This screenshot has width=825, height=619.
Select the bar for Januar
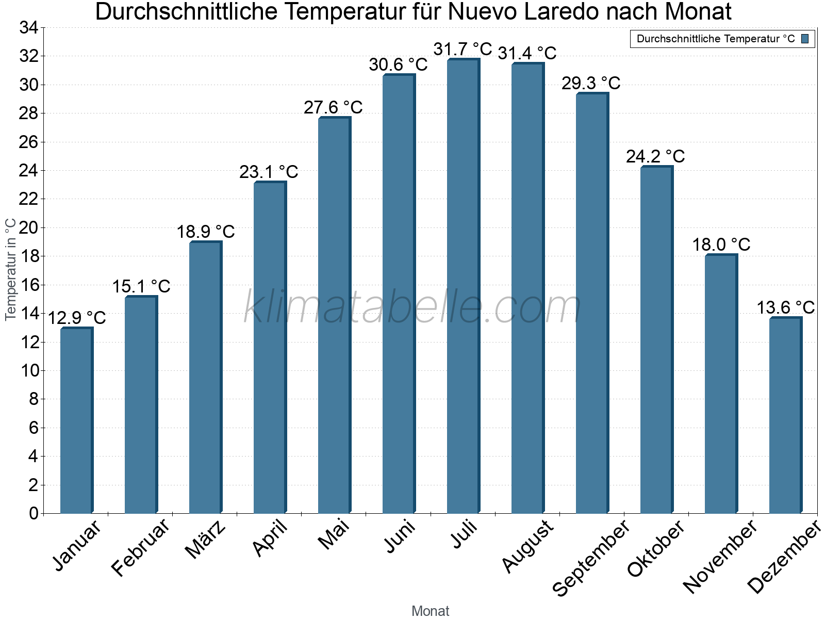(76, 420)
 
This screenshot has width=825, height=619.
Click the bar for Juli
(463, 286)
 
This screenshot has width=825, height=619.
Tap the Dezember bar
(785, 415)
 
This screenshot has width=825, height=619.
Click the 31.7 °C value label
(463, 50)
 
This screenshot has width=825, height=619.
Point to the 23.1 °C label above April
(269, 172)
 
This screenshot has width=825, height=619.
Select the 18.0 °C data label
(721, 245)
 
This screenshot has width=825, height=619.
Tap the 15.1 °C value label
(141, 286)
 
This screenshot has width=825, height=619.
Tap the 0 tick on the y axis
(34, 513)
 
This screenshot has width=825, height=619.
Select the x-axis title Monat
(430, 611)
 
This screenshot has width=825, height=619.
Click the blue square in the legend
(805, 39)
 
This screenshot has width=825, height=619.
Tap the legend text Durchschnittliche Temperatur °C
(716, 39)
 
